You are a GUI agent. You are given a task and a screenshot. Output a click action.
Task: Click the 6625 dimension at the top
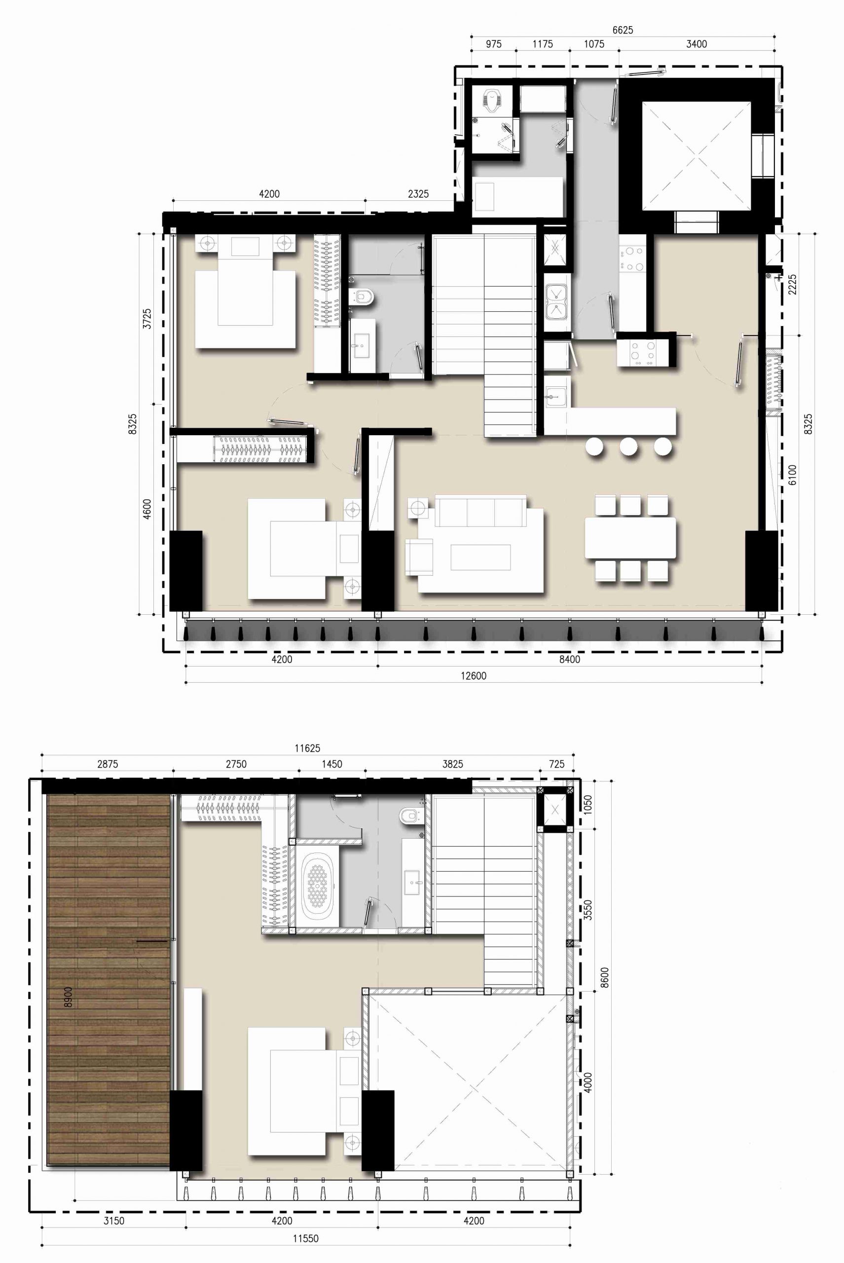[x=623, y=30]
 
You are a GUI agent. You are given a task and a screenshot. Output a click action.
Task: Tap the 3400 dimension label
[x=697, y=44]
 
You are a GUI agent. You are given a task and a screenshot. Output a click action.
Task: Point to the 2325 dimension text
[x=418, y=194]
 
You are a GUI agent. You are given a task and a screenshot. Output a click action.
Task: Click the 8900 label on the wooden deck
[x=68, y=997]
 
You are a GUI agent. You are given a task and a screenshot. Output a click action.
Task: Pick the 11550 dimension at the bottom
[x=306, y=1239]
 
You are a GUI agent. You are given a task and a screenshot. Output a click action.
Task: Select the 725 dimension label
[x=556, y=764]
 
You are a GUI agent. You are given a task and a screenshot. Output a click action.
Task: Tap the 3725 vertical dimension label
[x=147, y=319]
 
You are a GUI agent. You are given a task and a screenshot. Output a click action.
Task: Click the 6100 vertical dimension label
[x=792, y=475]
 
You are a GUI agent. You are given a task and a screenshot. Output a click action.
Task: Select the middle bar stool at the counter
[x=628, y=446]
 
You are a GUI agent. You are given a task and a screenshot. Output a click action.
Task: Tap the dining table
[x=630, y=537]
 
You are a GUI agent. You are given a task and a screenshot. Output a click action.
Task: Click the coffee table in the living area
[x=480, y=557]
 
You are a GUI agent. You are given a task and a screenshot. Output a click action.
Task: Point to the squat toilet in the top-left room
[x=492, y=102]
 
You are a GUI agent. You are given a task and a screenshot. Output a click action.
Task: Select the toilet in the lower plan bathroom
[x=409, y=816]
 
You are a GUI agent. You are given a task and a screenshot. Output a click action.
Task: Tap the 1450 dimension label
[x=331, y=764]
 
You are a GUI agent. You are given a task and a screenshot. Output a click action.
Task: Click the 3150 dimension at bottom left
[x=113, y=1221]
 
